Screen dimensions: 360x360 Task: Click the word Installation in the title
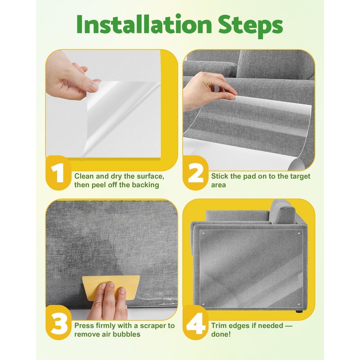pos(144,25)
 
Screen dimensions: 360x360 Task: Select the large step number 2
pos(196,173)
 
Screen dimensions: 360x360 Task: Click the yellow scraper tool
pos(111,288)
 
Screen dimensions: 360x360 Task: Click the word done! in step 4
pos(221,334)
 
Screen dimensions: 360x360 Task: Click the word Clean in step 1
pos(84,176)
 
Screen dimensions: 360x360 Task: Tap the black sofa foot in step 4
pos(299,311)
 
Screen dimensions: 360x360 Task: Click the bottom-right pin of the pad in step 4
pos(299,305)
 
